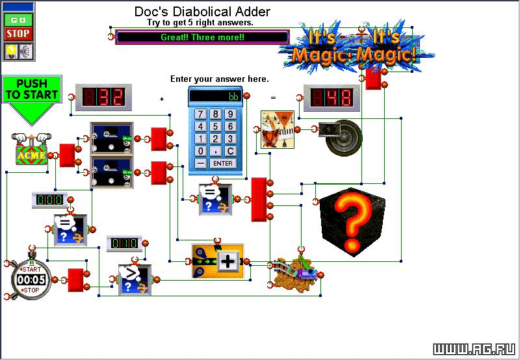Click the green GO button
click(18, 20)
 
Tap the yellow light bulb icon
click(11, 51)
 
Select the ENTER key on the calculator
click(223, 163)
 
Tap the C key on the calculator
click(230, 151)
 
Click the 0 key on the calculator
click(200, 151)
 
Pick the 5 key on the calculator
click(215, 127)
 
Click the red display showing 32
click(103, 97)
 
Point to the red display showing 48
click(331, 98)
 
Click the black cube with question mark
click(352, 222)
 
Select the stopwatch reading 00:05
click(31, 279)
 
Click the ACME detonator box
click(31, 150)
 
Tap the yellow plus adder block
click(218, 261)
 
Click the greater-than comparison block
click(135, 279)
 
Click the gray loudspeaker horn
click(340, 137)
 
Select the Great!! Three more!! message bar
click(202, 37)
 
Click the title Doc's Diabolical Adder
click(202, 12)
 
